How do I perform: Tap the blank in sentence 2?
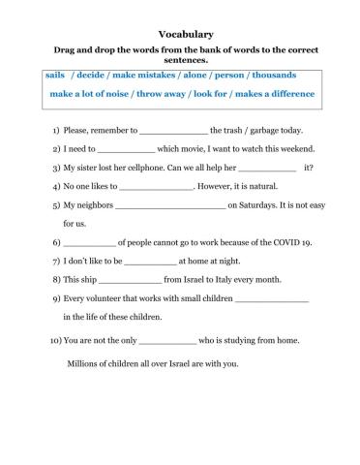[x=126, y=151]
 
